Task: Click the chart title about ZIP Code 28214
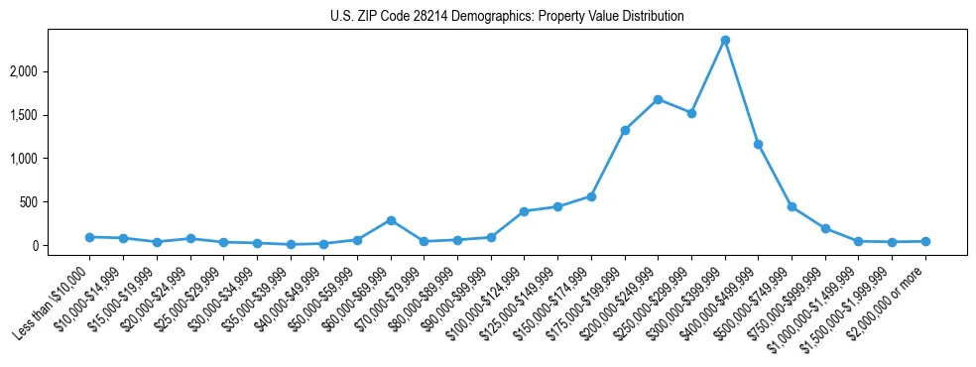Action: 507,17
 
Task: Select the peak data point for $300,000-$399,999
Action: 725,41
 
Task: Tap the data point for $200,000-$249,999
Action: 658,99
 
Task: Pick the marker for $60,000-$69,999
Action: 391,220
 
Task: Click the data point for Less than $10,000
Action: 89,237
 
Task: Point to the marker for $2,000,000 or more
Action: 925,241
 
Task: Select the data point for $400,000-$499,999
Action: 758,145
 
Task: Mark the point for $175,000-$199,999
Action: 625,130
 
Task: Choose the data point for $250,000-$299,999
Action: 691,113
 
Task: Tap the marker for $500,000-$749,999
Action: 792,206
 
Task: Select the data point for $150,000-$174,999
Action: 591,196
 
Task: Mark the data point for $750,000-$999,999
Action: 825,228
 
